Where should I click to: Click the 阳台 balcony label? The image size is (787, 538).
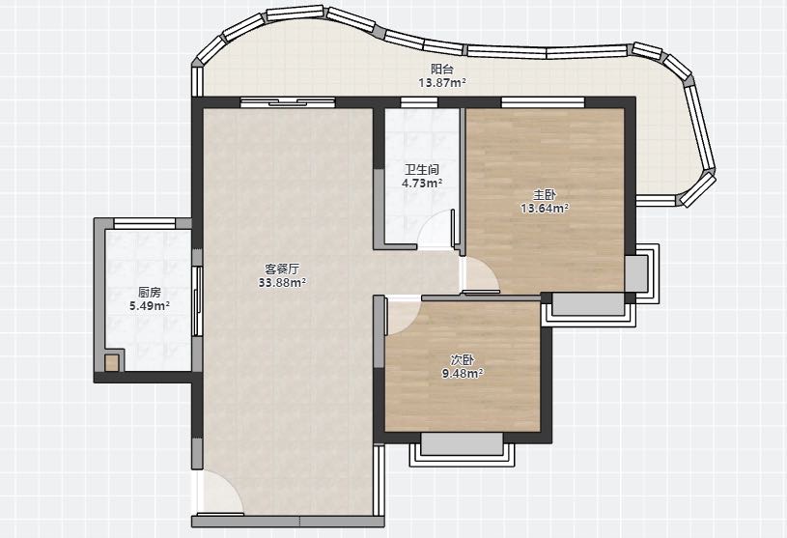click(441, 70)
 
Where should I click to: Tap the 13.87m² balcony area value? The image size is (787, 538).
click(442, 83)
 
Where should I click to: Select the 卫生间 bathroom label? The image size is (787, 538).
click(422, 170)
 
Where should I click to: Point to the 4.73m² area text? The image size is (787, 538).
click(422, 184)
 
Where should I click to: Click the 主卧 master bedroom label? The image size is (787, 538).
click(544, 195)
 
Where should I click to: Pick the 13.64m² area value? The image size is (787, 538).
click(545, 209)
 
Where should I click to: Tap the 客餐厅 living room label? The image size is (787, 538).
click(282, 269)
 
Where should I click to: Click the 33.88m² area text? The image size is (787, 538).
click(282, 283)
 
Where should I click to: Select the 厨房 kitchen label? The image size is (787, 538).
click(150, 292)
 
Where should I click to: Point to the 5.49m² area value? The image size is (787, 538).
click(150, 305)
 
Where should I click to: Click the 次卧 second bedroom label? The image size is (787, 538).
click(462, 360)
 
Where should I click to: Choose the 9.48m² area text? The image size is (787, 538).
click(462, 374)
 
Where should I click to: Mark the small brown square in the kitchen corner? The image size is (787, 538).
click(112, 363)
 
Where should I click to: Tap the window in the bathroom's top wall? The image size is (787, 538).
click(418, 102)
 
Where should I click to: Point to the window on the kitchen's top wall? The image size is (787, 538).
click(145, 224)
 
